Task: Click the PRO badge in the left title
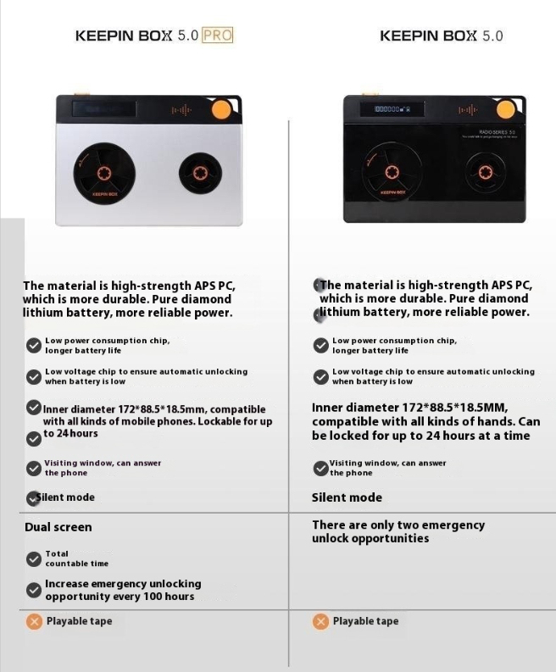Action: pos(217,36)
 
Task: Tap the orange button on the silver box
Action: pos(221,109)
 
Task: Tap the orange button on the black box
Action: pos(506,110)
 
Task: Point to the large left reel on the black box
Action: pos(390,173)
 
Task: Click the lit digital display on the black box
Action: pos(387,109)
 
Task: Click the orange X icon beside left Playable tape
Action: pos(34,621)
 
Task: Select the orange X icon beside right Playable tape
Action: pos(320,621)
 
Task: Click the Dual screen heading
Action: pos(58,527)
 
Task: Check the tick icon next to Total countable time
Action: pos(34,558)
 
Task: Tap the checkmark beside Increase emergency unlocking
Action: pos(34,590)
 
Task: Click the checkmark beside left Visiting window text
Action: pos(34,468)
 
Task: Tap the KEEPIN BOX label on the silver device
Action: pos(101,194)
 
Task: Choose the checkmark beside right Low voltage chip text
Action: pos(320,376)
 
